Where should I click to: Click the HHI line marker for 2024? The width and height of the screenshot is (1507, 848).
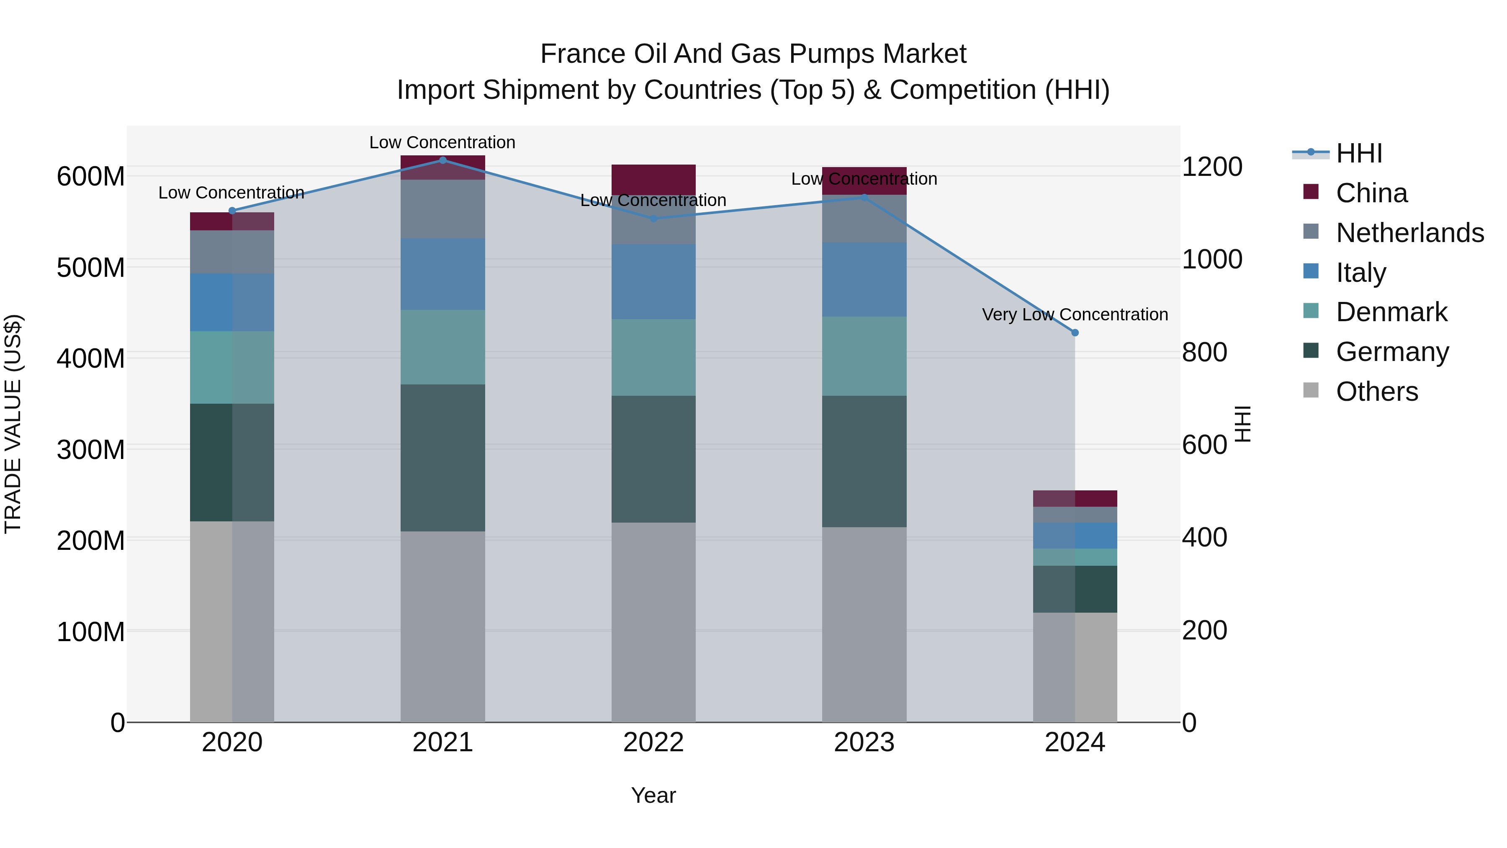click(1075, 332)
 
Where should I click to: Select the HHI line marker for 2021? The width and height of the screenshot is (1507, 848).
click(442, 160)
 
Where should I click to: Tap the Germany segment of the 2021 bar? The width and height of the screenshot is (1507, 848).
click(442, 458)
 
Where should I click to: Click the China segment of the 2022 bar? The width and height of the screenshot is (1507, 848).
click(653, 179)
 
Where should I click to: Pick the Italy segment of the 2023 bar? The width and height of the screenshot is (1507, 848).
click(864, 280)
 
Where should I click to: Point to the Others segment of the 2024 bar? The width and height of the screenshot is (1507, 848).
click(1075, 667)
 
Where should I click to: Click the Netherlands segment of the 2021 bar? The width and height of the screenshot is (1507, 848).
click(442, 209)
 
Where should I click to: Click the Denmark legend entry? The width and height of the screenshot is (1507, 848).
click(1391, 312)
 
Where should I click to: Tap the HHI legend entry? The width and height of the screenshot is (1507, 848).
click(1358, 153)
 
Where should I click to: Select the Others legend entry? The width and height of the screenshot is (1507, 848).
click(1376, 392)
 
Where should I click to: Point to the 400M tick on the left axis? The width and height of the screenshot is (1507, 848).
click(91, 358)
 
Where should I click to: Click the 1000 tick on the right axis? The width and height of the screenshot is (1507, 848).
click(1211, 259)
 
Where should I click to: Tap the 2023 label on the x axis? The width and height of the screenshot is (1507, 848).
click(864, 742)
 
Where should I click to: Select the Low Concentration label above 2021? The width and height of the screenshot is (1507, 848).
click(442, 142)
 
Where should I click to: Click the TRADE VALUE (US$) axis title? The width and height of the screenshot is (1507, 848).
click(13, 424)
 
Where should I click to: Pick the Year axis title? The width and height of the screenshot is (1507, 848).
click(653, 795)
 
